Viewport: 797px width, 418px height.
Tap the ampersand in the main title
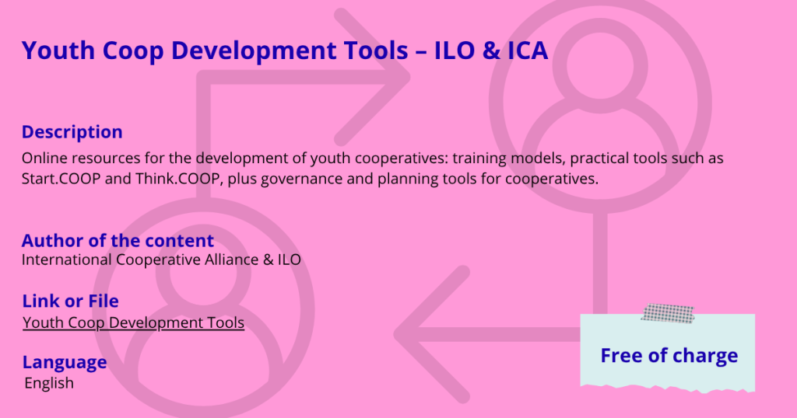(490, 51)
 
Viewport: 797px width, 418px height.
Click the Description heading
(72, 132)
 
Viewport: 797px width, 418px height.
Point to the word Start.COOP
(61, 179)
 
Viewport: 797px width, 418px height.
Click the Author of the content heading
(118, 240)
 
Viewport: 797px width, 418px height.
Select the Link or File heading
(71, 301)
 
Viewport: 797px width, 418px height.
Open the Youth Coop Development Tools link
(134, 322)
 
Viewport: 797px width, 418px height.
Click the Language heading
(65, 362)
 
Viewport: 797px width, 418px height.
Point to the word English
(49, 383)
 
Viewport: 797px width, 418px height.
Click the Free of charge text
(669, 356)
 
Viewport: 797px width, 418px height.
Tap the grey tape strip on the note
(668, 314)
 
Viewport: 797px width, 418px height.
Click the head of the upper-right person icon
(600, 65)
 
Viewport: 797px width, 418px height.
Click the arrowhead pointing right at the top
(373, 78)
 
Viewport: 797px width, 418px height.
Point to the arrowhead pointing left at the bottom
(432, 334)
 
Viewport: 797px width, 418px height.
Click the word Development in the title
(290, 51)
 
